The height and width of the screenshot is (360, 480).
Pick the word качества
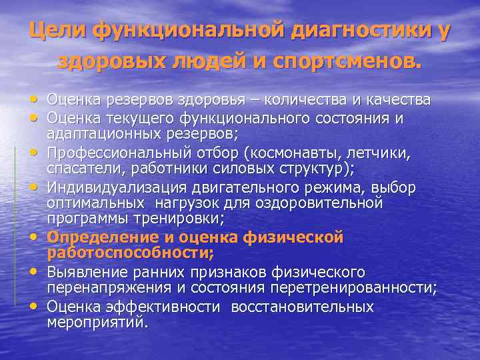[x=397, y=100]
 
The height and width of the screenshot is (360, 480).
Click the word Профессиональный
[x=115, y=153]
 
